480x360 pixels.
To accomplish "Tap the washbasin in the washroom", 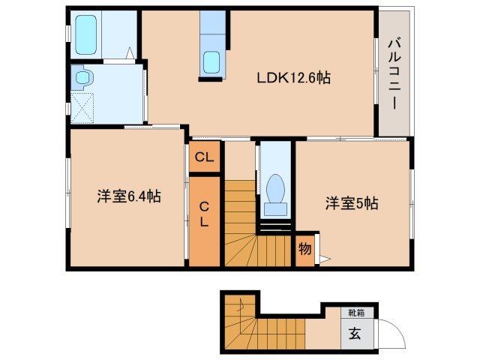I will [82, 76].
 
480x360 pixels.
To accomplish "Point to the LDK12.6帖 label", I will [295, 76].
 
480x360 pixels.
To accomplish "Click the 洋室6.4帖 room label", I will [128, 196].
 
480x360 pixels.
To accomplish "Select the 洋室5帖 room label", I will [351, 202].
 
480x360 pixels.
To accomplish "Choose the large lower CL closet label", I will [205, 213].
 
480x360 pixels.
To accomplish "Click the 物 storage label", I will [304, 247].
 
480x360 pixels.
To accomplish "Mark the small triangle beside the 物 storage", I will [324, 259].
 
